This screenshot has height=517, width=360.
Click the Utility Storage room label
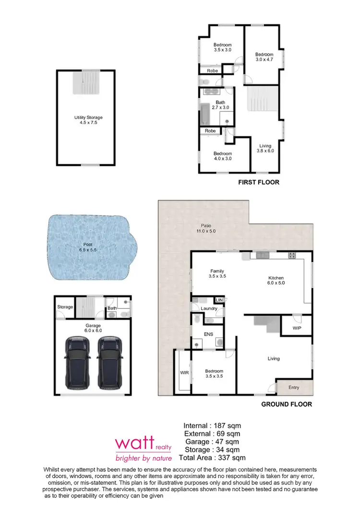pos(88,120)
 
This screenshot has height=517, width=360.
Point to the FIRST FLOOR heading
pos(259,182)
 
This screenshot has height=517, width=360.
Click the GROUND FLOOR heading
pos(286,404)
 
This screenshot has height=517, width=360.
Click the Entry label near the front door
pos(294,387)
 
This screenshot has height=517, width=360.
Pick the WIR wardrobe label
pos(184,372)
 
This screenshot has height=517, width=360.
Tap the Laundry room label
pos(209,309)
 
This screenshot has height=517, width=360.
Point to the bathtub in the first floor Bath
pos(204,114)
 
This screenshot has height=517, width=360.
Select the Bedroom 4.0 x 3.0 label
pos(222,156)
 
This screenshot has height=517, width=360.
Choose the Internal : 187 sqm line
pos(212,425)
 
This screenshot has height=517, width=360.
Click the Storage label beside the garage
pos(65,307)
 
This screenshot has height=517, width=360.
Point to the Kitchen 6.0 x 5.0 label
pos(276,280)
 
